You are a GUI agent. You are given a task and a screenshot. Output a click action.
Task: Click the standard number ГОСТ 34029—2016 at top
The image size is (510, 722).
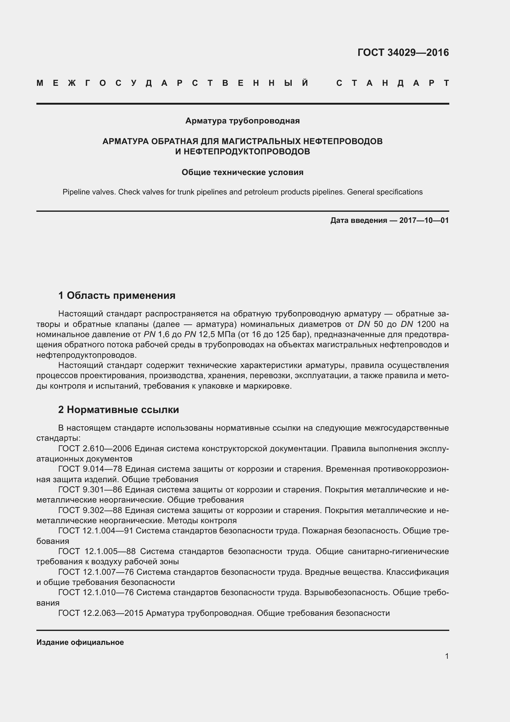tap(403, 52)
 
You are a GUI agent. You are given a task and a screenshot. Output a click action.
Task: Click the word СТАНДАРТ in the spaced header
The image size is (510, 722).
tap(393, 83)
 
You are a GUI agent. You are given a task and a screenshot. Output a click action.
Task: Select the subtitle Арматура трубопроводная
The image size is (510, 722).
tap(242, 121)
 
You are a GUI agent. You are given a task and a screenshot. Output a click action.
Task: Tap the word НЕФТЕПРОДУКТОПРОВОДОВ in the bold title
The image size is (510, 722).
tap(242, 152)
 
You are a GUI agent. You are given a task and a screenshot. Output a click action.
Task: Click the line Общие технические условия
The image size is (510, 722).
tap(242, 172)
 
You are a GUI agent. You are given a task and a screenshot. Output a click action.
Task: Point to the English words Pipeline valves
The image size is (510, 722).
tap(89, 192)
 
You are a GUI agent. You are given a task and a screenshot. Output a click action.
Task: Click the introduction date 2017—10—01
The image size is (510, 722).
tap(424, 220)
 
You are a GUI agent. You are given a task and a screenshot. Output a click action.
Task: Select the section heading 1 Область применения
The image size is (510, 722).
tap(117, 296)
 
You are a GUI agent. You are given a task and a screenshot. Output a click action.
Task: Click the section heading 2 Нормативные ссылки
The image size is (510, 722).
tap(119, 410)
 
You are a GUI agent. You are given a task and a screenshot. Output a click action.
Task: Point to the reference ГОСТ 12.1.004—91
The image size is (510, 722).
tap(96, 531)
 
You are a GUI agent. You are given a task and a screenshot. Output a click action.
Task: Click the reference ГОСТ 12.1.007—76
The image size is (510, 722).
tap(96, 572)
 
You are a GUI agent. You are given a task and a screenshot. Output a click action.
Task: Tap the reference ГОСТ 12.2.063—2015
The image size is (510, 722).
tap(101, 613)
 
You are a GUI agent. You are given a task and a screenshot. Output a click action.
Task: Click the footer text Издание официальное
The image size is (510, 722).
tap(80, 642)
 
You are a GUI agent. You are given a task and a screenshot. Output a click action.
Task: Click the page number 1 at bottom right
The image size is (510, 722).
tap(446, 656)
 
